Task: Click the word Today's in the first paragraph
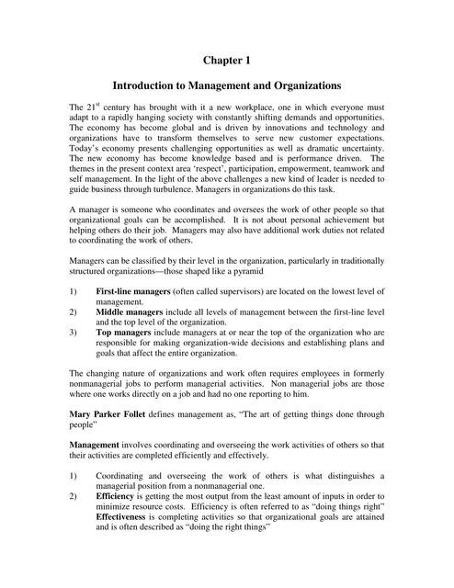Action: pos(89,149)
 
